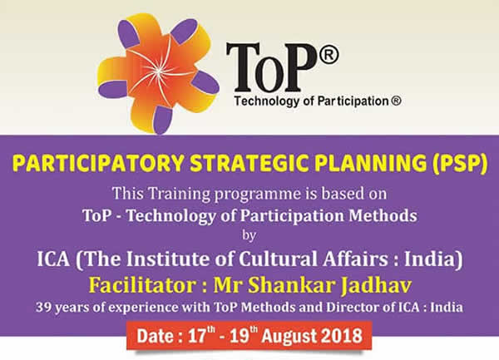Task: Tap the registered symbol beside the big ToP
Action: pyautogui.click(x=329, y=55)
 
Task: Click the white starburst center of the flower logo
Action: pyautogui.click(x=158, y=72)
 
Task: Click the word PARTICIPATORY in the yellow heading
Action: pyautogui.click(x=98, y=164)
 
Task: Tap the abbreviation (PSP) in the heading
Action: pyautogui.click(x=460, y=164)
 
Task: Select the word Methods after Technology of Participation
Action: pyautogui.click(x=383, y=215)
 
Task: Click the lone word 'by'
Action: pyautogui.click(x=249, y=235)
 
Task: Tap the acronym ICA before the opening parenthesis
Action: pyautogui.click(x=53, y=259)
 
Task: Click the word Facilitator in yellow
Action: pyautogui.click(x=142, y=284)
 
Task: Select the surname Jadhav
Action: pyautogui.click(x=376, y=285)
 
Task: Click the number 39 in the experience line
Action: pyautogui.click(x=42, y=308)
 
